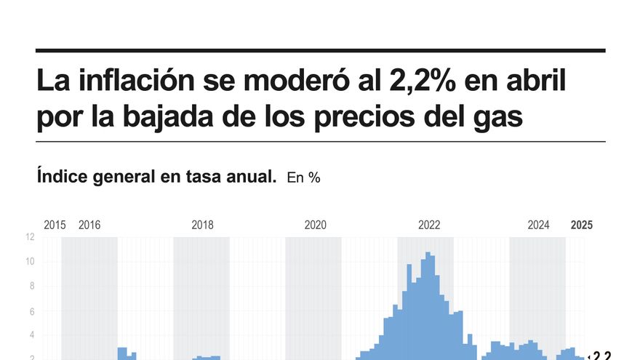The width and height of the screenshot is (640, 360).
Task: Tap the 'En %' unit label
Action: (x=304, y=177)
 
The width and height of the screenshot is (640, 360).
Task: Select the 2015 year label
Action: (x=55, y=225)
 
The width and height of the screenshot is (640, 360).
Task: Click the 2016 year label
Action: (x=89, y=225)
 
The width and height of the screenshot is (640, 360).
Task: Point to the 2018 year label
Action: (x=202, y=225)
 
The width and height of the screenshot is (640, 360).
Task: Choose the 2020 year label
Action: (x=316, y=225)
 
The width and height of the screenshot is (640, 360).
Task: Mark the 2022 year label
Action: (x=429, y=225)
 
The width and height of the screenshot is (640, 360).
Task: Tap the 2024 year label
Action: (x=538, y=225)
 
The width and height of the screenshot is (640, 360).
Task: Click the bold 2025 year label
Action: (x=581, y=225)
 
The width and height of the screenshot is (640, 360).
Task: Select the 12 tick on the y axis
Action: (x=30, y=237)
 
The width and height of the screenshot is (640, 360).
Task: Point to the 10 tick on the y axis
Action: (x=30, y=262)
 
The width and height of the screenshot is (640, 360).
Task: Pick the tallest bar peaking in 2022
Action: (x=428, y=305)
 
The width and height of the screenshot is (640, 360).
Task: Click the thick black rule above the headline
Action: (x=320, y=50)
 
